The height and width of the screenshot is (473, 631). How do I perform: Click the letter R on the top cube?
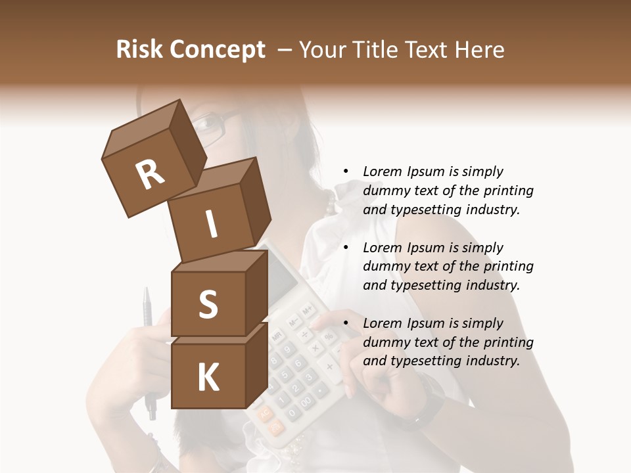pyautogui.click(x=150, y=175)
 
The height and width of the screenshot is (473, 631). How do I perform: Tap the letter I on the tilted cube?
pyautogui.click(x=211, y=225)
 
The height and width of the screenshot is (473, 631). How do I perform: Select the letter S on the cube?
pyautogui.click(x=208, y=305)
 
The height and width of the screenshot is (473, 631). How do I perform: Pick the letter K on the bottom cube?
pyautogui.click(x=208, y=378)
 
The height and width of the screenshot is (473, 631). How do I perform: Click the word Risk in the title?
pyautogui.click(x=138, y=50)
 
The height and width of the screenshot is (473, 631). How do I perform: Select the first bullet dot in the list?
pyautogui.click(x=346, y=171)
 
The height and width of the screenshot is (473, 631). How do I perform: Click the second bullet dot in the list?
pyautogui.click(x=346, y=248)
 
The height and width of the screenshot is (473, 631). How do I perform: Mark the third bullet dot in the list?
pyautogui.click(x=346, y=323)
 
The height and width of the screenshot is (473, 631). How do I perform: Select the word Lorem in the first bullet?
pyautogui.click(x=382, y=171)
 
